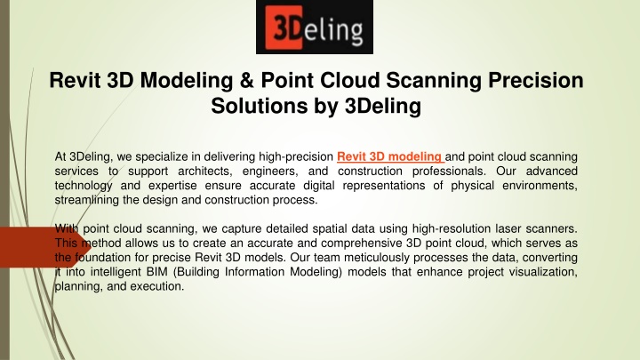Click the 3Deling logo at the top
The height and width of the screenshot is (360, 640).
tap(315, 27)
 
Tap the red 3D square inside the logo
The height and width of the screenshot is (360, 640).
tap(284, 28)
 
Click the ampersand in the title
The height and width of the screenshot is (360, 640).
tap(246, 80)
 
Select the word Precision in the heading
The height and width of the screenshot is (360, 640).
tap(535, 80)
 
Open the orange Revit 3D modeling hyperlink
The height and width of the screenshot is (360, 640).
tap(390, 156)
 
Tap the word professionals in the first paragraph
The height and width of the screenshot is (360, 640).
tap(449, 171)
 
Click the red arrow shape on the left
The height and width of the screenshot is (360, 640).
tap(45, 247)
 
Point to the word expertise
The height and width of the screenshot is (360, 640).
tap(172, 186)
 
